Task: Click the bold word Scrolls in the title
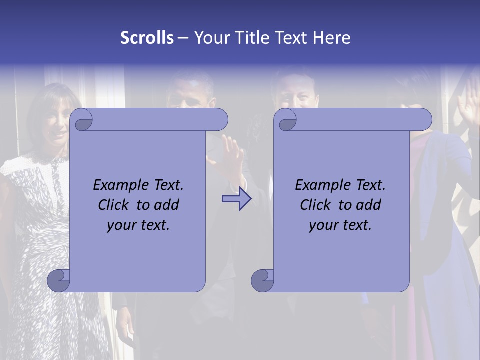(x=147, y=38)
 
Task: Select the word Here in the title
(x=331, y=38)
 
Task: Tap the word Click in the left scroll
(x=115, y=205)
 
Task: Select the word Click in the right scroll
(x=317, y=205)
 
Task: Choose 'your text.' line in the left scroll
(x=138, y=225)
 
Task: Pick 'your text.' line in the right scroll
(x=340, y=225)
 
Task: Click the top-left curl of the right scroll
(x=286, y=120)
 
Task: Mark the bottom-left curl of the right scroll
(x=262, y=280)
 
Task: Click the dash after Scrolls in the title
(x=183, y=38)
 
